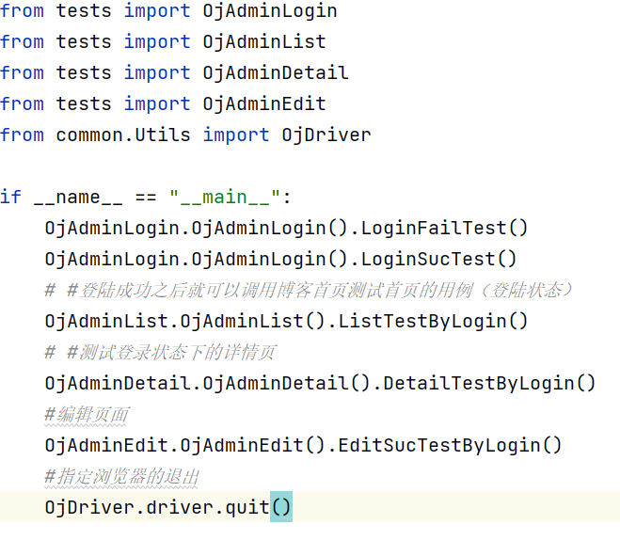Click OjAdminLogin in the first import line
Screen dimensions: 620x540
270,11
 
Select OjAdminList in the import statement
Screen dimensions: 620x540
264,42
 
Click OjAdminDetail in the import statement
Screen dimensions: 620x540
276,73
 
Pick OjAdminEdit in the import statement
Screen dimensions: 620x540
264,104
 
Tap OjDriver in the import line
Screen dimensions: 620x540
326,135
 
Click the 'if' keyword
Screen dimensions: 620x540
10,198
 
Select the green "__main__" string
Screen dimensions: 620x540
225,198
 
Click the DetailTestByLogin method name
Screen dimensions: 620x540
485,384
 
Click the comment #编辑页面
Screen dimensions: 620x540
87,415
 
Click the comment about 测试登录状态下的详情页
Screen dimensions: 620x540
160,353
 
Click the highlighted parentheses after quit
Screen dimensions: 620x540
281,508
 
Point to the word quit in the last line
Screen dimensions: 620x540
247,508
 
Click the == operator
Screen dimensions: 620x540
146,198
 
